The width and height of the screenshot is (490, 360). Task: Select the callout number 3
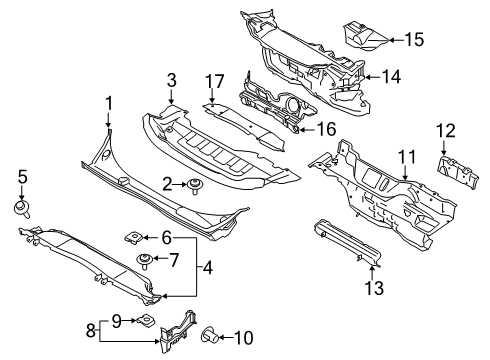coord(171,79)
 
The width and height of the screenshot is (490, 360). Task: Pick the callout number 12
coord(444,129)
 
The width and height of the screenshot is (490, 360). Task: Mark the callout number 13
coord(375,290)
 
